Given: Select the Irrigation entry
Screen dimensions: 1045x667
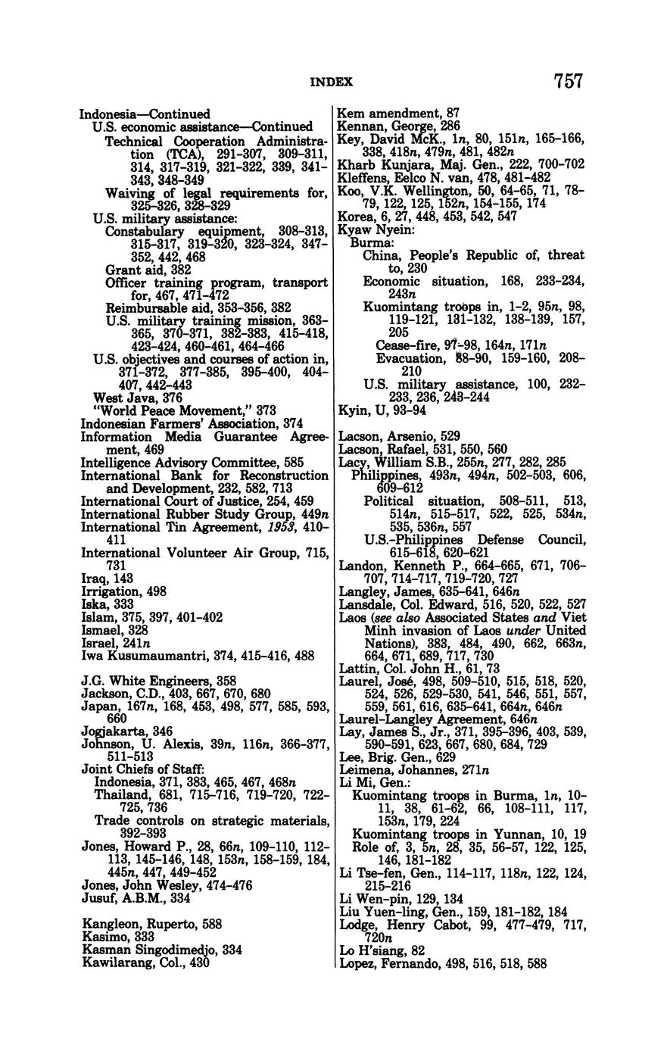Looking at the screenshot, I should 123,591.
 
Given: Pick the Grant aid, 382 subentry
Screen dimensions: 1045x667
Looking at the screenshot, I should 148,269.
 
